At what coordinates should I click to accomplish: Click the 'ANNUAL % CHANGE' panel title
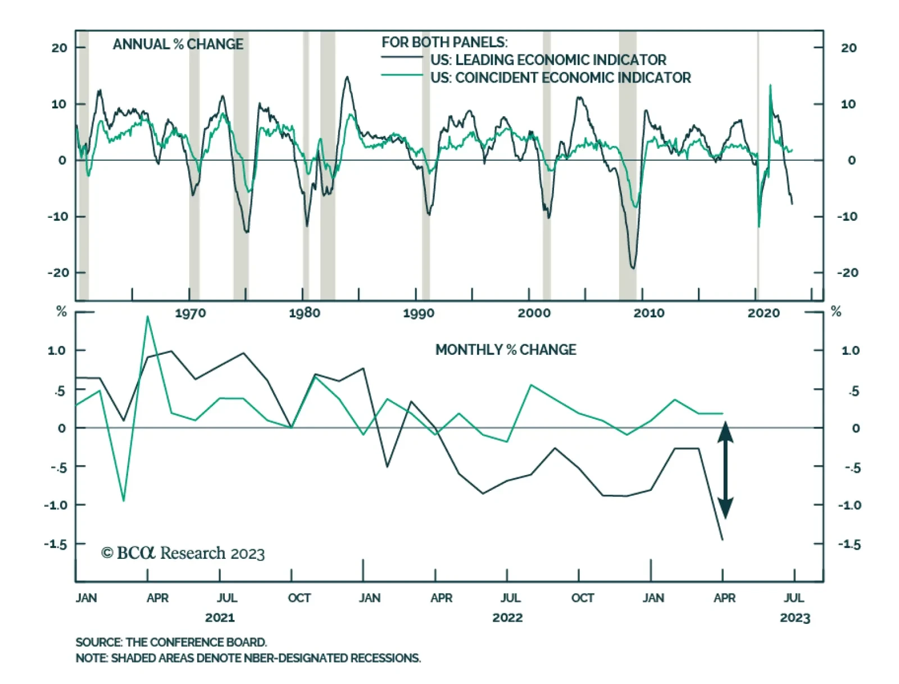coord(178,44)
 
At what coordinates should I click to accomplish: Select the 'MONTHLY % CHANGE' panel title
coord(505,350)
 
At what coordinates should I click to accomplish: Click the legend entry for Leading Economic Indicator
coord(548,60)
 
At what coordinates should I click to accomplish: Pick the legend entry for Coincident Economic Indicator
coord(560,77)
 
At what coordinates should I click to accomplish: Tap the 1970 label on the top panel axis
coord(190,313)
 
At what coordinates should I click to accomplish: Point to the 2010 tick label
coord(648,313)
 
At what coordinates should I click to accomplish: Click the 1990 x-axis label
coord(419,313)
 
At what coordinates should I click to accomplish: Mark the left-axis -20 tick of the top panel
coord(58,273)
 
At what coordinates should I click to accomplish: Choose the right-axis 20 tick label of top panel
coord(848,48)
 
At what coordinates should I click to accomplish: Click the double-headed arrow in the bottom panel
coord(725,470)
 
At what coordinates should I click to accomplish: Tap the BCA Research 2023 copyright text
coord(183,553)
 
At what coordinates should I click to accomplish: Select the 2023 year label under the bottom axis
coord(794,618)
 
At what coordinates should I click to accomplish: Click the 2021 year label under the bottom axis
coord(220,618)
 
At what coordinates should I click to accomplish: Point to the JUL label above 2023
coord(793,598)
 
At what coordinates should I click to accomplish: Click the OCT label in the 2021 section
coord(299,598)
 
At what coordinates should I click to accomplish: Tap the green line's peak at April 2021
coord(148,317)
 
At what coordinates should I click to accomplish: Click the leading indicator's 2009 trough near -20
coord(633,268)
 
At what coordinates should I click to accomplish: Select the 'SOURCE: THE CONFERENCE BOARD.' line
coord(171,642)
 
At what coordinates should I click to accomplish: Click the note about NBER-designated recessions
coord(248,658)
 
